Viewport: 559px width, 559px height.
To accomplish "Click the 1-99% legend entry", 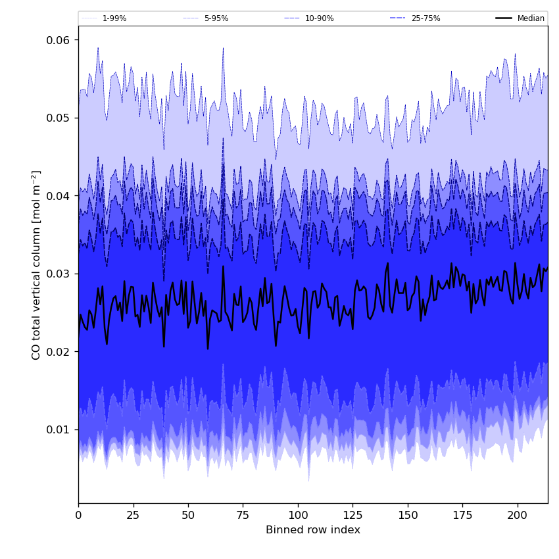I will point(114,18).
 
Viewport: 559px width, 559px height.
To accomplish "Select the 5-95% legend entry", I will point(216,18).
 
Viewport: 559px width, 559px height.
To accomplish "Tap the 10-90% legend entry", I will point(319,18).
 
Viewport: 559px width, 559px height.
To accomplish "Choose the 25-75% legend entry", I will point(425,18).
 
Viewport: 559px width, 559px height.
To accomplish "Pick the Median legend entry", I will point(531,18).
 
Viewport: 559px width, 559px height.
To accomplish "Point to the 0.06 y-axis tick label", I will point(57,40).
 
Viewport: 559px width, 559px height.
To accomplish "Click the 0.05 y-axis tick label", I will point(57,118).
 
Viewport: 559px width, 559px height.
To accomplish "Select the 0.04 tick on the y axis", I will point(57,196).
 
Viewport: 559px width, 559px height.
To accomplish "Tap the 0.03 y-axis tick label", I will point(57,274).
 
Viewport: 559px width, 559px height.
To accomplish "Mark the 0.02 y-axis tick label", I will point(57,352).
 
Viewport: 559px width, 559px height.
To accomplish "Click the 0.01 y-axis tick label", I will point(57,429).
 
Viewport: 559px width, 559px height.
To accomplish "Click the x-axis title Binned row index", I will point(313,530).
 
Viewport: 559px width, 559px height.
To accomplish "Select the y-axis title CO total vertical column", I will point(36,265).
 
